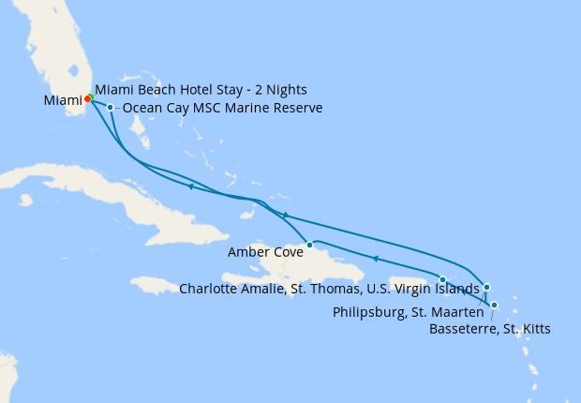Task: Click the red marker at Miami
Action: (x=87, y=98)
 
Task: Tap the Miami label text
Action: (x=62, y=100)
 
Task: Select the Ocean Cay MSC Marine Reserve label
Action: (x=223, y=109)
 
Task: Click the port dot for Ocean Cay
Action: (x=111, y=108)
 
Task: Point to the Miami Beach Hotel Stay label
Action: (x=201, y=90)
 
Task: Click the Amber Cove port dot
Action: (x=309, y=245)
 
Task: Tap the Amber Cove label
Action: (x=264, y=252)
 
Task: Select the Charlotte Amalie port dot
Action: (x=442, y=279)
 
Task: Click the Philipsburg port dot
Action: (x=486, y=287)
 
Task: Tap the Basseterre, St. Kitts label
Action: (x=489, y=329)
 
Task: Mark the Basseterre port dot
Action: (x=494, y=305)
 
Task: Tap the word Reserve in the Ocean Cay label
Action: (x=298, y=109)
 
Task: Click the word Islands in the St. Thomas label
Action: (x=456, y=289)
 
